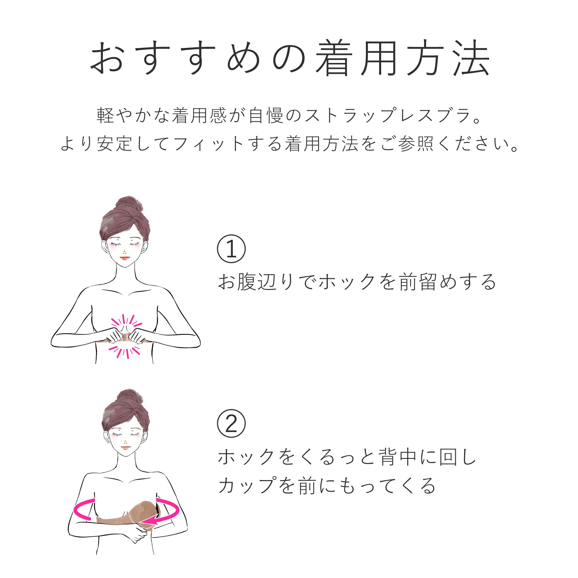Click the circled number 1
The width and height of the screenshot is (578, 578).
[231, 249]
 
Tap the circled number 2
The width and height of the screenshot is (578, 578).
[231, 424]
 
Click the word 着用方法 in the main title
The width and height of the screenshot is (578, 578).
[403, 58]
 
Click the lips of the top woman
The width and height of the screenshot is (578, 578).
[125, 258]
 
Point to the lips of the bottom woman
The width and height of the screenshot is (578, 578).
[126, 448]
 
